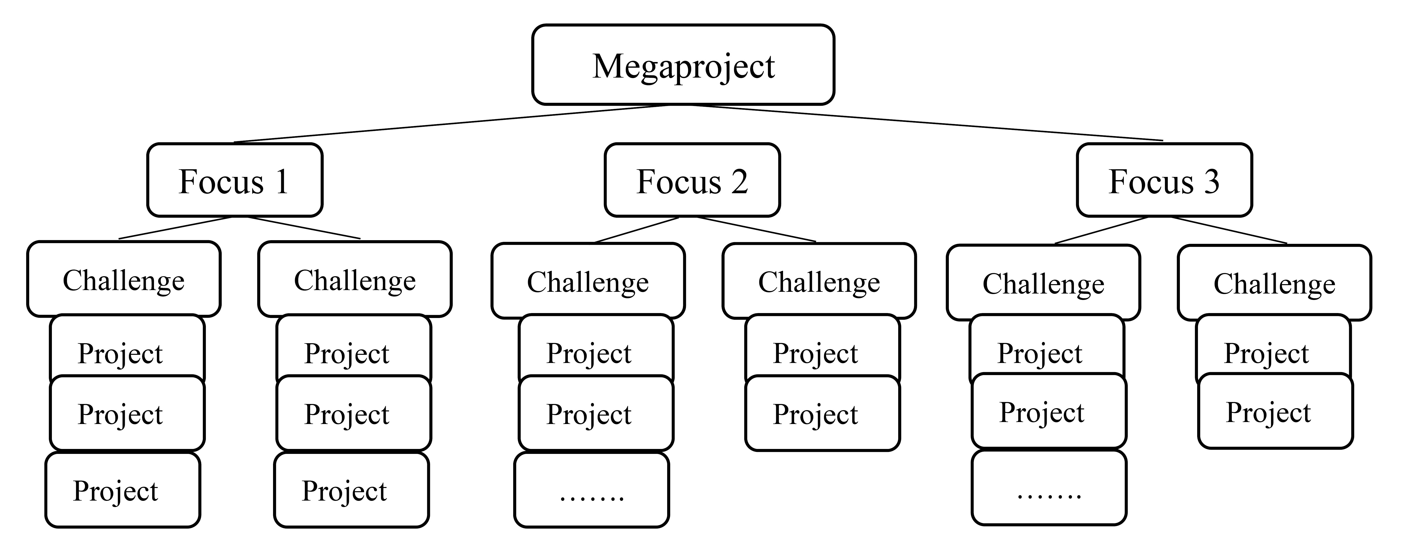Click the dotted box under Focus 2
pos(592,490)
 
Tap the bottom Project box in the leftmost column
pos(123,490)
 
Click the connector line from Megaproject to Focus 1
pos(452,123)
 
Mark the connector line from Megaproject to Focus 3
pos(926,123)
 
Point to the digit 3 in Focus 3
pos(1211,181)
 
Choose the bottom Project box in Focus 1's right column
pos(351,490)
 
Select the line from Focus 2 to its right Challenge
pos(756,229)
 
